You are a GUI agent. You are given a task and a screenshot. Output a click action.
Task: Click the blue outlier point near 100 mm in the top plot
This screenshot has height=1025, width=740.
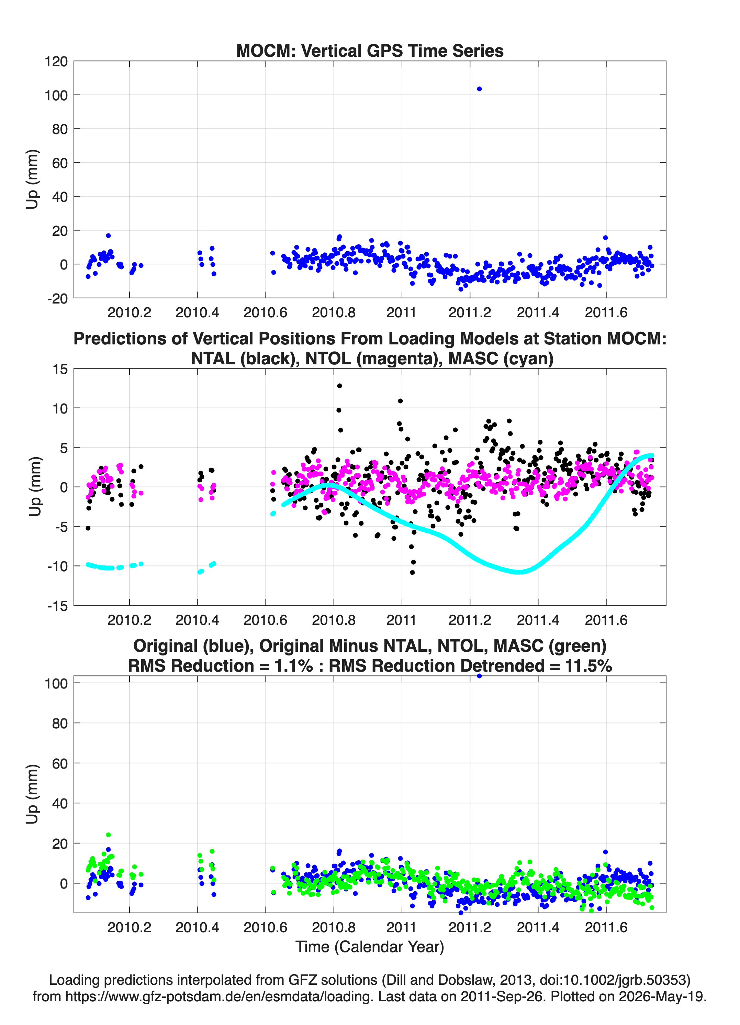(x=479, y=89)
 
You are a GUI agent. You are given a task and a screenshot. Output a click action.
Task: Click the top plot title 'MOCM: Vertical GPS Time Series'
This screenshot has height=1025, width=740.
(x=370, y=51)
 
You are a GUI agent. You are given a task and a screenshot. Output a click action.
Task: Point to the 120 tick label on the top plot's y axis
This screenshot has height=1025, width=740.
(x=56, y=62)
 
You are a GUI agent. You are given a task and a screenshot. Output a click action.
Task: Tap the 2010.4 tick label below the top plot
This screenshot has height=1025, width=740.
(x=198, y=312)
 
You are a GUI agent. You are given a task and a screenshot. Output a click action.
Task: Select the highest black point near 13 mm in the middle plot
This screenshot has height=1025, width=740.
(x=339, y=386)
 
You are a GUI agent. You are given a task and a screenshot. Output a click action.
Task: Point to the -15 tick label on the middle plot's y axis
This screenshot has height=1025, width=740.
(x=57, y=606)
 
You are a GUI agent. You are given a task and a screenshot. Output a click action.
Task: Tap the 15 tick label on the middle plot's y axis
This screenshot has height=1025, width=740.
(x=60, y=369)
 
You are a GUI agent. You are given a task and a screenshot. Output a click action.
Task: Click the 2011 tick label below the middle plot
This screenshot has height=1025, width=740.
(x=401, y=620)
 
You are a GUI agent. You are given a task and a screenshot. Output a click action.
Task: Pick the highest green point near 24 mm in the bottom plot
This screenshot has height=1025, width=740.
(x=109, y=835)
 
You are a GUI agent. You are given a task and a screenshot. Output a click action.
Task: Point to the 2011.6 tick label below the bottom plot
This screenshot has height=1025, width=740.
(x=606, y=927)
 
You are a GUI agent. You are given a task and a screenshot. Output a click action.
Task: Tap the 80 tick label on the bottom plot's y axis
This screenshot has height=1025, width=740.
(x=60, y=724)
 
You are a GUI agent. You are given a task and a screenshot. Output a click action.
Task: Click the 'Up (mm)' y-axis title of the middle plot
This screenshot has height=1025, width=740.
(x=35, y=487)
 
